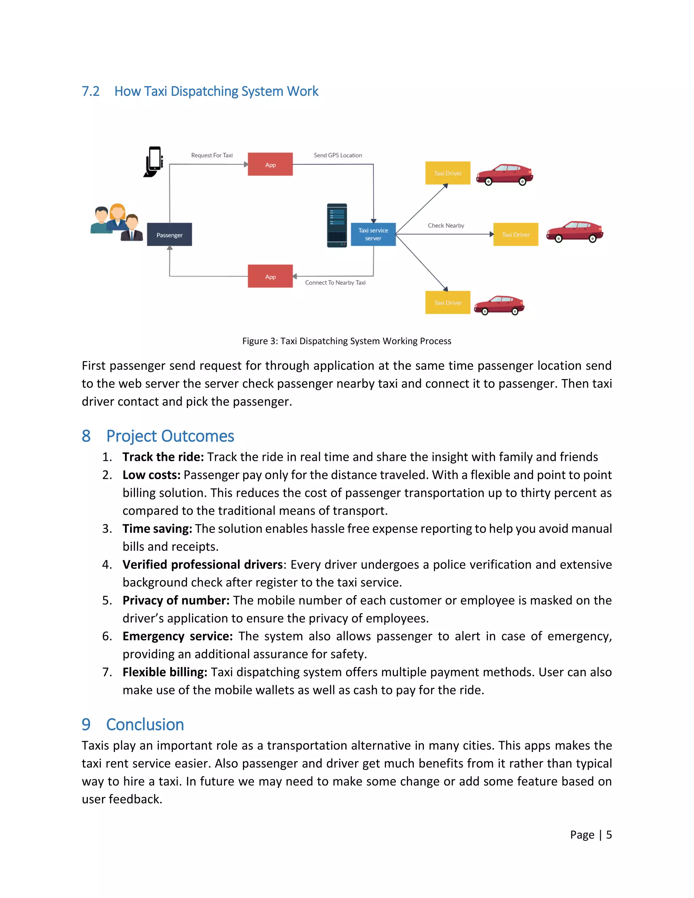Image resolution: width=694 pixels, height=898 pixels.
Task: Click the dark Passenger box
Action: click(x=169, y=234)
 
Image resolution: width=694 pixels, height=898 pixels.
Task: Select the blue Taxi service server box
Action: click(x=373, y=234)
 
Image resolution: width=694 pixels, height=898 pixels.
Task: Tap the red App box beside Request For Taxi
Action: click(x=270, y=164)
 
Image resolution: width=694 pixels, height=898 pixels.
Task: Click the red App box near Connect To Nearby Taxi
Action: click(x=270, y=276)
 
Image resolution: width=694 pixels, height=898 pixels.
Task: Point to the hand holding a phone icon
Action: click(x=154, y=162)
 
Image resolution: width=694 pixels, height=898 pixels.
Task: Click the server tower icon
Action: click(x=337, y=225)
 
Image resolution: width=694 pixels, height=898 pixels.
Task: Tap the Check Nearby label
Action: click(x=446, y=225)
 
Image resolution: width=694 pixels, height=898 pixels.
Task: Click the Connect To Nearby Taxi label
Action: click(x=335, y=283)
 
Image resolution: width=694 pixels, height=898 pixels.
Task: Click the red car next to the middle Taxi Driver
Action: click(x=575, y=231)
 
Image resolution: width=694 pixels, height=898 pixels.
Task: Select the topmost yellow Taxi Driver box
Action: click(x=448, y=173)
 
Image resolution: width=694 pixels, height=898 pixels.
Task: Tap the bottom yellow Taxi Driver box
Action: click(x=448, y=303)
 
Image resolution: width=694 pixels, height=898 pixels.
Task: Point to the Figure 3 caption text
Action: click(x=347, y=341)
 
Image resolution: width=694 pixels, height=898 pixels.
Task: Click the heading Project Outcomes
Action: click(x=170, y=436)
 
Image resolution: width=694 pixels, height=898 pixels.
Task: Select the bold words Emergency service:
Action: click(x=178, y=636)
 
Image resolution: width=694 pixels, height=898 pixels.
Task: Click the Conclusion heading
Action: click(x=145, y=724)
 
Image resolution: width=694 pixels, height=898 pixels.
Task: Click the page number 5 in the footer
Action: click(x=609, y=835)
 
